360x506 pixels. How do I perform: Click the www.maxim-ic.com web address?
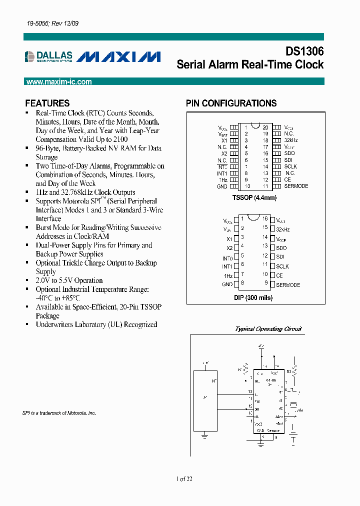coord(59,82)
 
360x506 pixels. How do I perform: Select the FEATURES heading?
coord(47,103)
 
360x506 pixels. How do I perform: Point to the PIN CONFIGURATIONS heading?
coord(231,103)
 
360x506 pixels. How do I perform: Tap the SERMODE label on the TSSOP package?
coord(296,186)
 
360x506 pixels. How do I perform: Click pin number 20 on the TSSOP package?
coord(265,127)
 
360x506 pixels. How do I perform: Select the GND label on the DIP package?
coord(227,284)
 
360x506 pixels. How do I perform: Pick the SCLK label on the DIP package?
coord(282,266)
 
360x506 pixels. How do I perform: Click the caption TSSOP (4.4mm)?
coord(254,197)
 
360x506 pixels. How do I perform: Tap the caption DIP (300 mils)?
coord(253,297)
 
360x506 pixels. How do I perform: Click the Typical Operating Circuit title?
coord(268,329)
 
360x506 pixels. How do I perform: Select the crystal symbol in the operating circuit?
coord(294,405)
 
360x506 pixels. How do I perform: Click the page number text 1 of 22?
coord(184,479)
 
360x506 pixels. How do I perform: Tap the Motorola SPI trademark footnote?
coord(59,413)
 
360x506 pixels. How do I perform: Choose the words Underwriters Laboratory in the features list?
coord(70,324)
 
